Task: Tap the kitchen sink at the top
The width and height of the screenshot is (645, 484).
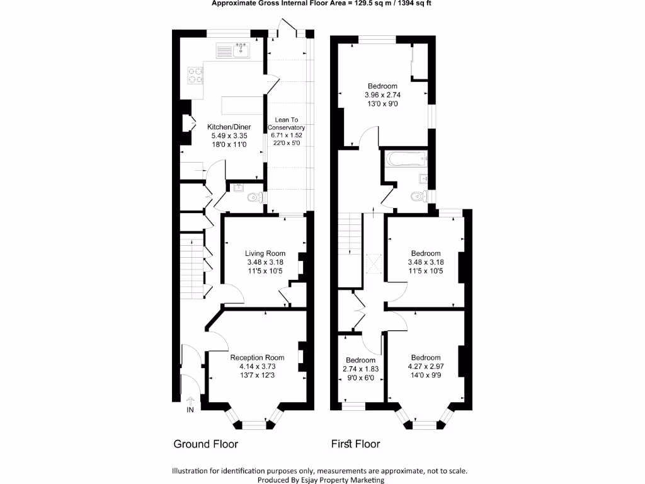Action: (240, 50)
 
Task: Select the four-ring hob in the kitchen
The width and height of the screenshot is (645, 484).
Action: (196, 75)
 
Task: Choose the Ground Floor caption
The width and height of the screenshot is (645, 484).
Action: (205, 444)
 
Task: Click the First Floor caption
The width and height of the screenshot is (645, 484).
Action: (356, 444)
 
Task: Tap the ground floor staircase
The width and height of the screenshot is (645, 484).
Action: (191, 265)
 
